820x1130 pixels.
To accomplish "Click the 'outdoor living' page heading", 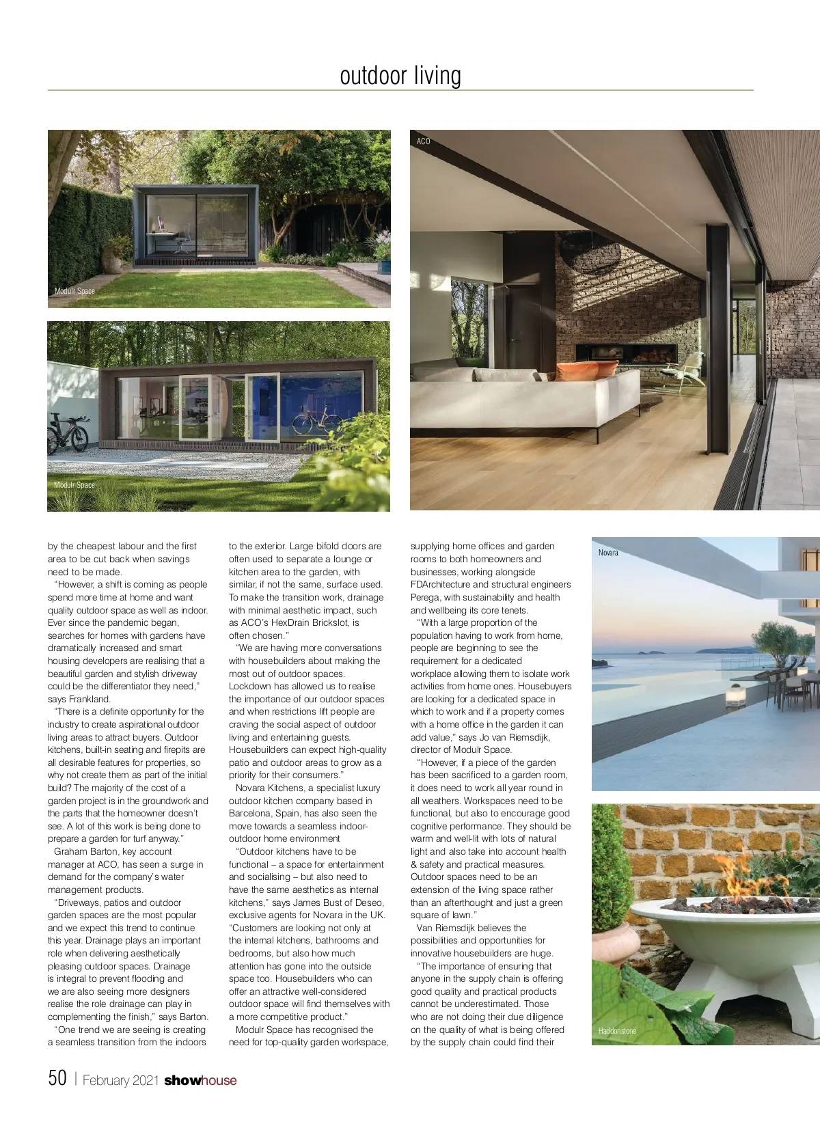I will pos(400,75).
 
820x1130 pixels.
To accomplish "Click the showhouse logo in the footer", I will pos(200,1080).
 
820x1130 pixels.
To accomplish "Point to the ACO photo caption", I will pos(424,141).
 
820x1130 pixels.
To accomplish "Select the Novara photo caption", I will pos(608,553).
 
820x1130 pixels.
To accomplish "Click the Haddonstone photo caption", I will pos(617,1031).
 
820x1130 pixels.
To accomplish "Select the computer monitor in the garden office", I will pos(161,223).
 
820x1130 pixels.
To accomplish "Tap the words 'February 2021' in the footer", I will pos(121,1080).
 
